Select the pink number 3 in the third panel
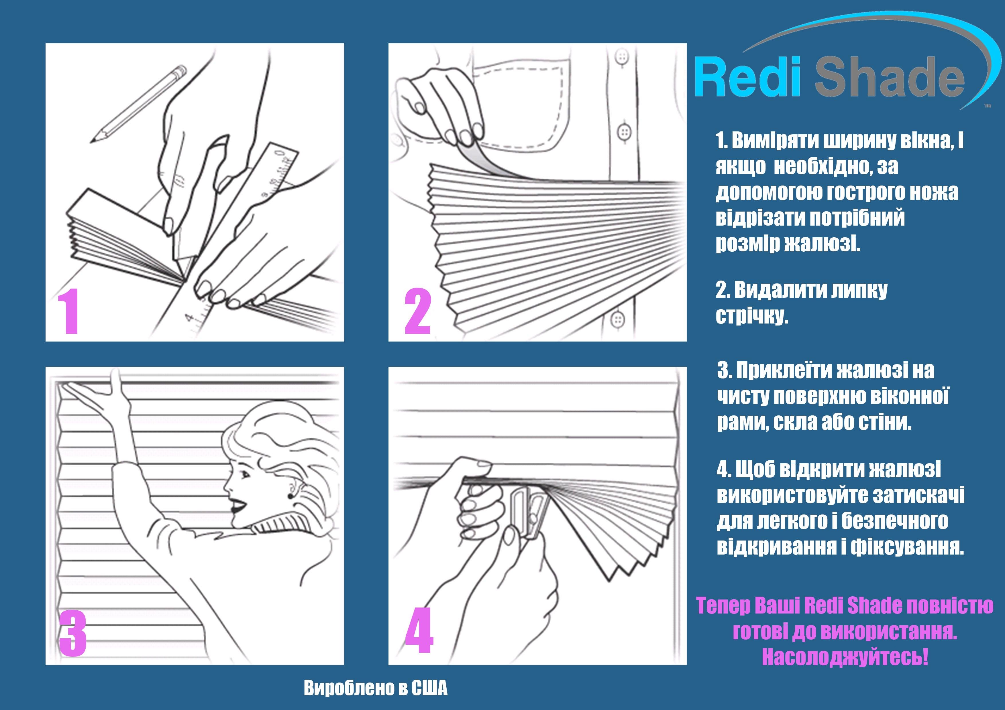tap(73, 633)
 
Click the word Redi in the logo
tap(748, 79)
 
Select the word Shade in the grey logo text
tap(890, 79)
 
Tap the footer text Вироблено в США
tap(376, 688)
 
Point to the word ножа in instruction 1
tap(939, 192)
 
